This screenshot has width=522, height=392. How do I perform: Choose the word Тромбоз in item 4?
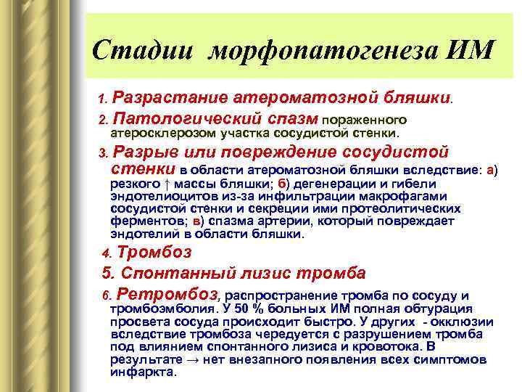(x=154, y=253)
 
